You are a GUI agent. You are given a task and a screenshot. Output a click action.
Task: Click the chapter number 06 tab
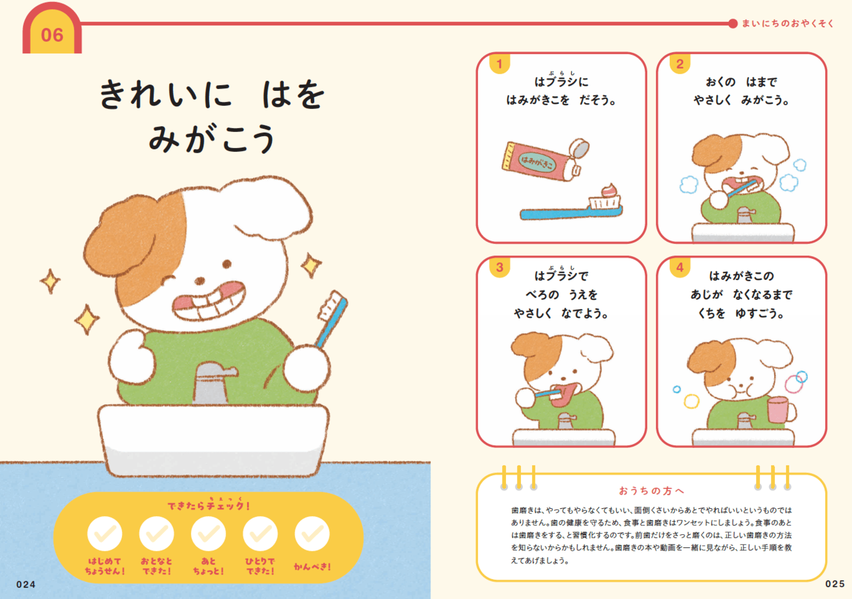52,35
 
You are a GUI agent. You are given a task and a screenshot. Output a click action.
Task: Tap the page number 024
26,584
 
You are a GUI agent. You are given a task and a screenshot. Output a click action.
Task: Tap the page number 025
834,584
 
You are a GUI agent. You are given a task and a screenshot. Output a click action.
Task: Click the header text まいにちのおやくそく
788,23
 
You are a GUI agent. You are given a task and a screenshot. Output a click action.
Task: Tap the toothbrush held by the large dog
332,317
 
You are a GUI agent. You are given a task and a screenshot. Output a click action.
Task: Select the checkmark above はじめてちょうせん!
105,534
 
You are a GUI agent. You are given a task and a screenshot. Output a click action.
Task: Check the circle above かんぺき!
312,534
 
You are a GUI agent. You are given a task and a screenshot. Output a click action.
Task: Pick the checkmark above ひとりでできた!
260,534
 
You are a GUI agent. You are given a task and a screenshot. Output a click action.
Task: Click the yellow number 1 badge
499,64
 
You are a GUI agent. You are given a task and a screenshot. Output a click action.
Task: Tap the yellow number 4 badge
679,267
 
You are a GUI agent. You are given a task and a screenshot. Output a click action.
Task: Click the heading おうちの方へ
651,491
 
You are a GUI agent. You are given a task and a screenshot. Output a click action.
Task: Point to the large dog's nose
200,280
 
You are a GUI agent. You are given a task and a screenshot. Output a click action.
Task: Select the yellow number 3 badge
499,267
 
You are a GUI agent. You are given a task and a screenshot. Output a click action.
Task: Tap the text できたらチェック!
208,505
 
